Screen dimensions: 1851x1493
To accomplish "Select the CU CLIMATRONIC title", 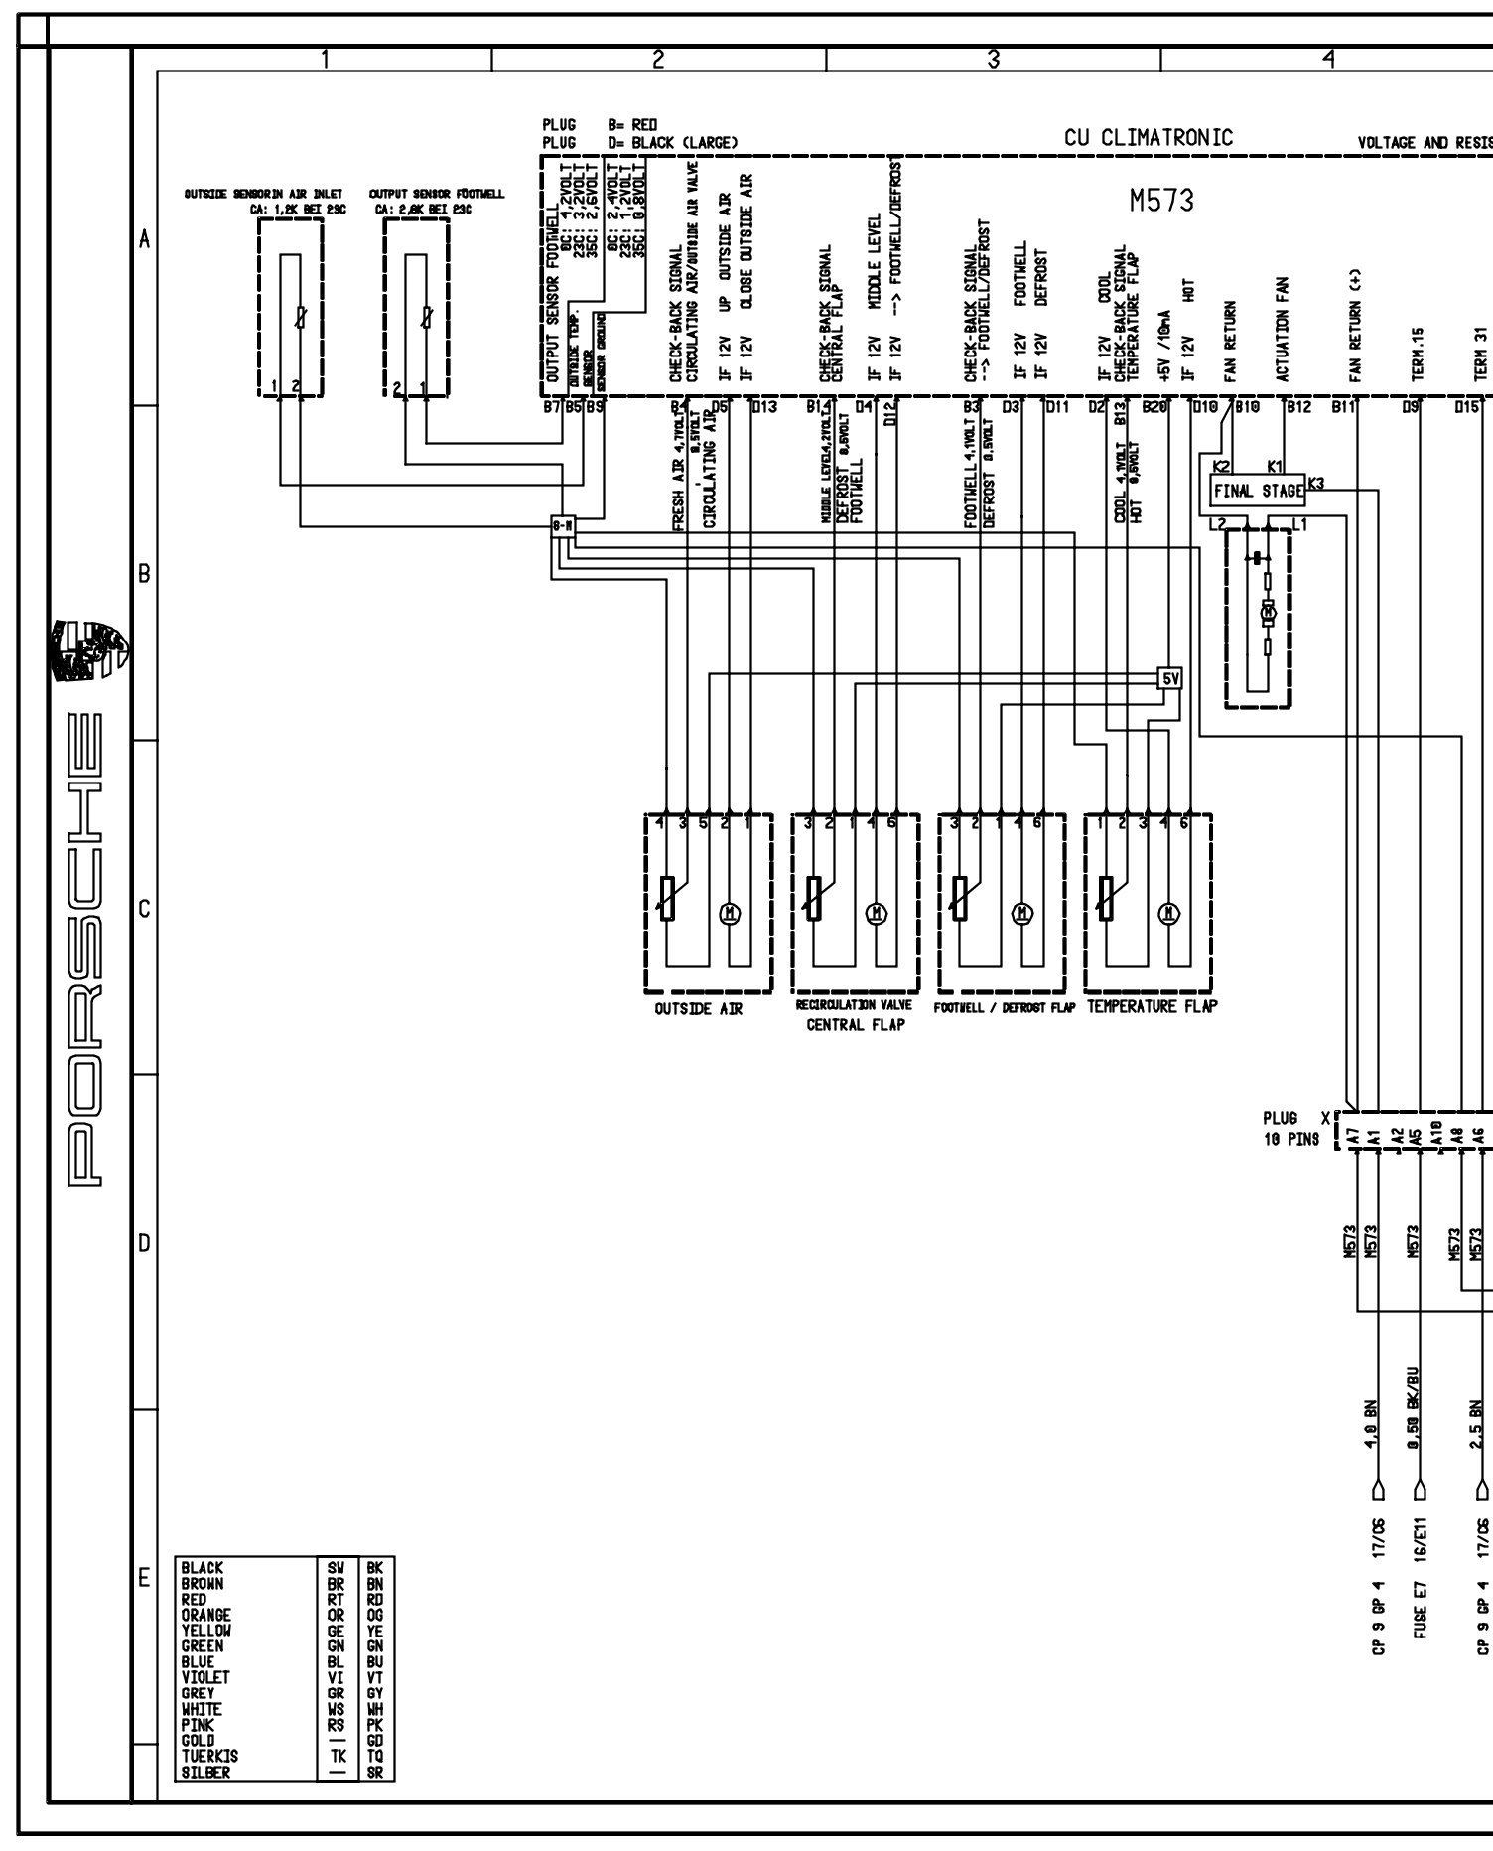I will [x=1149, y=138].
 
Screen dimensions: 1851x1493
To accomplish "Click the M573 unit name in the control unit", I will [x=1161, y=201].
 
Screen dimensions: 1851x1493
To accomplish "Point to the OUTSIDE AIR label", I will [x=698, y=1009].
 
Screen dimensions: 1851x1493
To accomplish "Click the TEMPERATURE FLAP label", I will [x=1152, y=1006].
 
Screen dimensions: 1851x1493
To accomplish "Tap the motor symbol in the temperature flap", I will [x=1171, y=914].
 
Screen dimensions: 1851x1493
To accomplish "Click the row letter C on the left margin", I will [x=145, y=909].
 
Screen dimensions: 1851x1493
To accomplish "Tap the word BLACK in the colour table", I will [x=203, y=1568].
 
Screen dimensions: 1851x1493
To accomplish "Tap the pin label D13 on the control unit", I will [x=765, y=405].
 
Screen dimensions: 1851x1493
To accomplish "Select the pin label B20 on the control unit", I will [x=1154, y=405].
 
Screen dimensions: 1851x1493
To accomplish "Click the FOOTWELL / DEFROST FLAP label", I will [x=1005, y=1007].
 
